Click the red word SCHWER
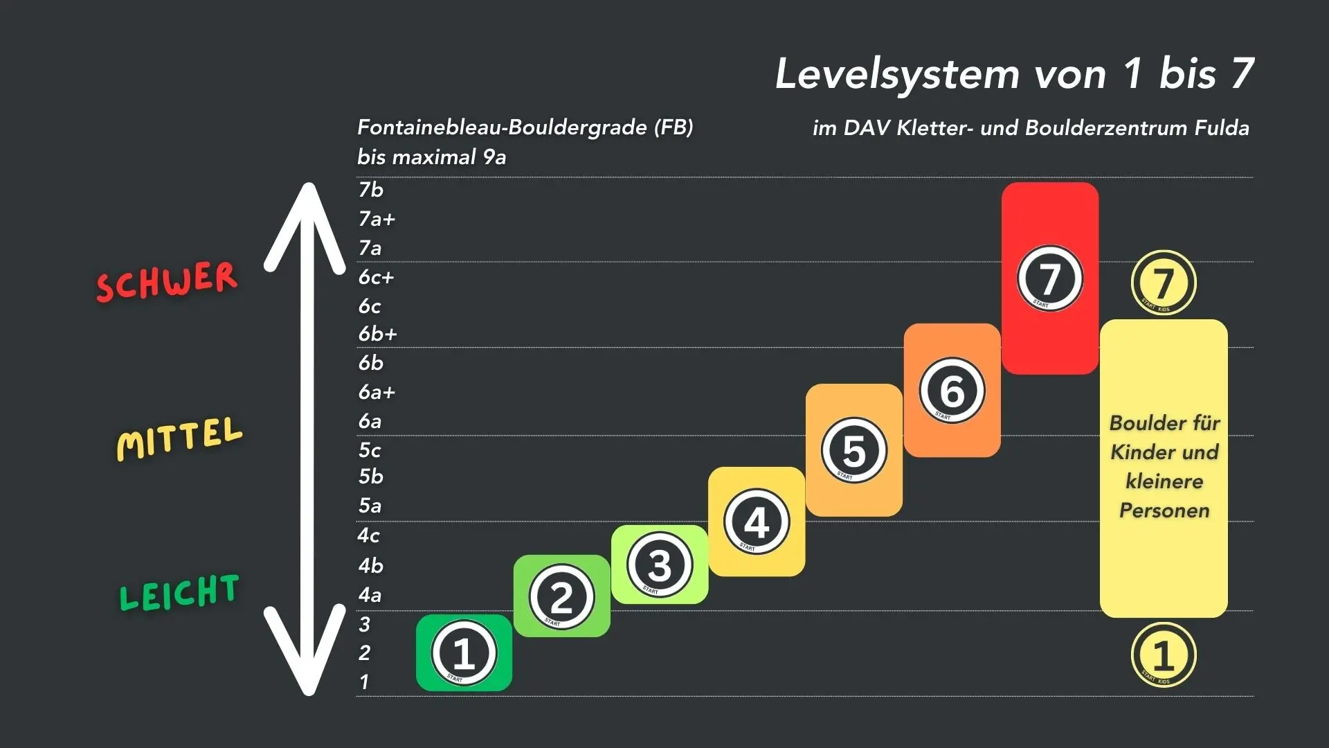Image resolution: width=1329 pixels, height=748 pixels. click(x=167, y=281)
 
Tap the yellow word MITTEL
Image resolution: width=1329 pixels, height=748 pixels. click(x=179, y=438)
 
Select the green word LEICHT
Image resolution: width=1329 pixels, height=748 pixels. click(x=179, y=593)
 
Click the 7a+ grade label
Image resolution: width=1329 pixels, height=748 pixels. click(x=377, y=220)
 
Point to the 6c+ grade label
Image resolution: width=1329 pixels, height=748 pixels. click(x=376, y=278)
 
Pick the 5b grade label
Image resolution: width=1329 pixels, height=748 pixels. click(x=371, y=477)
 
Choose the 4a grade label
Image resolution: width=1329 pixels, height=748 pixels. click(x=370, y=595)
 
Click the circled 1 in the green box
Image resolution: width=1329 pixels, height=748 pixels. click(x=464, y=653)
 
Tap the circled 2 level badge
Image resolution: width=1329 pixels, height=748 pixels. click(x=561, y=597)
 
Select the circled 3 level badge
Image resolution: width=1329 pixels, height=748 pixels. click(x=659, y=565)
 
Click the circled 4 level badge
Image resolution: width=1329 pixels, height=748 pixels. click(x=757, y=522)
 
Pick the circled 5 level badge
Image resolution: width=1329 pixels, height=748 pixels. click(x=854, y=450)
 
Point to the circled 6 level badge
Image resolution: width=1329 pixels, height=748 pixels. click(x=952, y=391)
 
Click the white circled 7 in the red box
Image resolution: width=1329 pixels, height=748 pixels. click(x=1049, y=278)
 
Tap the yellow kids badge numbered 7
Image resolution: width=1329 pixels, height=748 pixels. click(x=1164, y=283)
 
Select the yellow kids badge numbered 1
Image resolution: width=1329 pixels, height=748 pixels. click(x=1164, y=655)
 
